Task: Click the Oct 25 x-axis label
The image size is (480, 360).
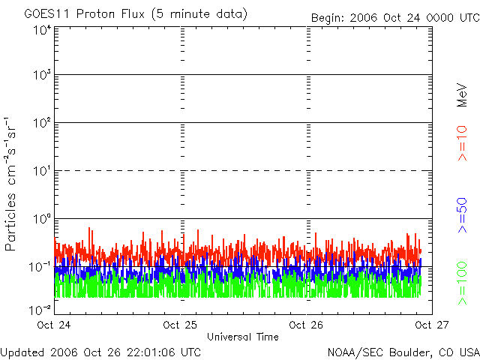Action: [x=181, y=325]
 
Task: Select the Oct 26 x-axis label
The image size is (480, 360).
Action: [x=306, y=325]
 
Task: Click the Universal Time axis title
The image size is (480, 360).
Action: [x=243, y=337]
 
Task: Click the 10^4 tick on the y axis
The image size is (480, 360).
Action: [x=41, y=30]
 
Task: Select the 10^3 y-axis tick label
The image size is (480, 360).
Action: [x=41, y=76]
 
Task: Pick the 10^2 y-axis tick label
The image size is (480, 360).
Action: [x=41, y=123]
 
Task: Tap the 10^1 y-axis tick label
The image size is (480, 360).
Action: [x=41, y=171]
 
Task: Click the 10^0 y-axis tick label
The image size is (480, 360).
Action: [x=41, y=219]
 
